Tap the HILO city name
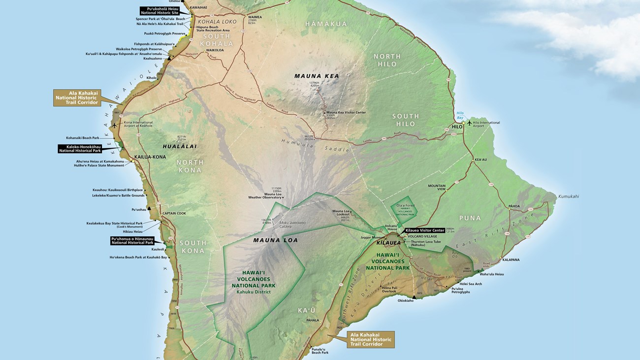tap(456, 127)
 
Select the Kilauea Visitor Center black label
tap(425, 230)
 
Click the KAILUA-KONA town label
tap(150, 157)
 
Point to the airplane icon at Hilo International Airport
tap(469, 122)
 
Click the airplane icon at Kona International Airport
tap(115, 125)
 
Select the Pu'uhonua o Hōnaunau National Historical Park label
tap(132, 240)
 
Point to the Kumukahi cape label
tap(568, 196)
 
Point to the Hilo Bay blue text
tap(460, 115)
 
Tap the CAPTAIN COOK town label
tap(174, 213)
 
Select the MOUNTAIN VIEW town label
tap(436, 188)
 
